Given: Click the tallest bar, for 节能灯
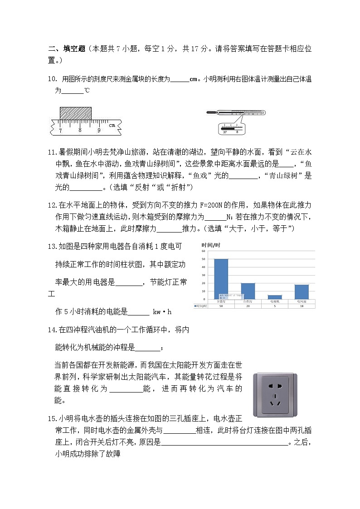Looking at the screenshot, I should tap(221, 279).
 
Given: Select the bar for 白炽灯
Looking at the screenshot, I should tap(248, 291).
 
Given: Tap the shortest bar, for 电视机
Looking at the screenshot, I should tap(275, 297).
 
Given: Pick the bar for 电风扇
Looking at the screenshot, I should tap(302, 291).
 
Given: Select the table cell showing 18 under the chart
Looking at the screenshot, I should tap(302, 306).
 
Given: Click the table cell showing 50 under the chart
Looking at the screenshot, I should tap(221, 306).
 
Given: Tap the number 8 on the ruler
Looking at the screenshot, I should tap(79, 131).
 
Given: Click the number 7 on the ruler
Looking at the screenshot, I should tap(60, 131).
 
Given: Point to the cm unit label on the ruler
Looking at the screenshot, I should tap(112, 125).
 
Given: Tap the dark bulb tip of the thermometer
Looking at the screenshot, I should tap(210, 112).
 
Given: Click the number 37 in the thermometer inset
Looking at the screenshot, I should tap(225, 131).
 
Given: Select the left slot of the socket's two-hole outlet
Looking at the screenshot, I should tap(270, 386).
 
